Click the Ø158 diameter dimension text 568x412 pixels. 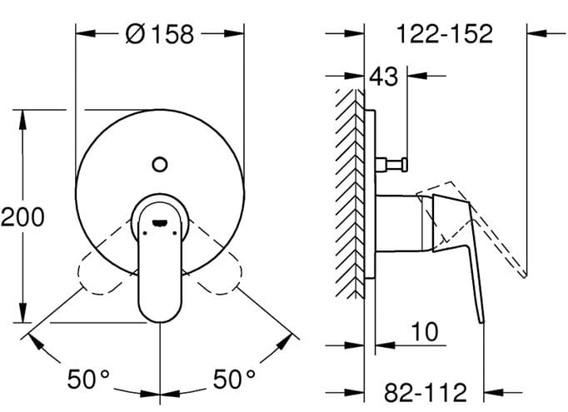[x=160, y=34]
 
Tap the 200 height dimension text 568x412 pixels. [x=22, y=217]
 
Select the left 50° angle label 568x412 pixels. [x=88, y=379]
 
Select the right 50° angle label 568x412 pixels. [x=234, y=379]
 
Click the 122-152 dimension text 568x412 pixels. [x=445, y=34]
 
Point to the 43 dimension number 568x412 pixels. [x=384, y=76]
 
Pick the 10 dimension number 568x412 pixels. [x=425, y=331]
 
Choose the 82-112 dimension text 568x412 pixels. [x=426, y=393]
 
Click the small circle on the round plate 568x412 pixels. [x=159, y=164]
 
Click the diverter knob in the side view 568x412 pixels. [x=391, y=164]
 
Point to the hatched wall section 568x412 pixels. [x=350, y=194]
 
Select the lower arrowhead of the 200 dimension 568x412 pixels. [x=22, y=312]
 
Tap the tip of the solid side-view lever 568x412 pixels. [x=482, y=322]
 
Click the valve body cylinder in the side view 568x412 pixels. [x=399, y=223]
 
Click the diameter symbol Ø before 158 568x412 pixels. [x=136, y=34]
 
